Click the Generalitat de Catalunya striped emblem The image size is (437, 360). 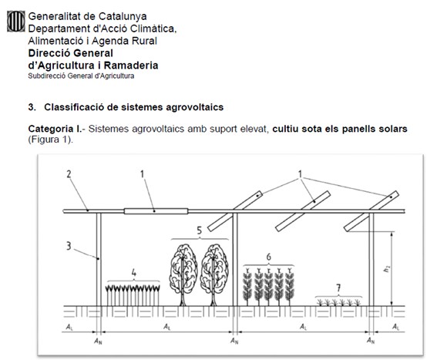click(16, 21)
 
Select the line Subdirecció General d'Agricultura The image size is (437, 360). click(81, 76)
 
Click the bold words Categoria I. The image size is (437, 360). click(55, 129)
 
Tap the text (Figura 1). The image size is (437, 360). click(50, 140)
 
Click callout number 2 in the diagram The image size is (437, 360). click(69, 174)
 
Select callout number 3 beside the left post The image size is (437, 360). click(69, 246)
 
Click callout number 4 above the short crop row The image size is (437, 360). click(134, 272)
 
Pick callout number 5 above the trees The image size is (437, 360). click(200, 230)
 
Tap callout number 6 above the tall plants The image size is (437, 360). click(268, 257)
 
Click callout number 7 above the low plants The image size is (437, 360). click(338, 288)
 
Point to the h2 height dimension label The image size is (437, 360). click(387, 268)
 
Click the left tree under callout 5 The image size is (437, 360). click(183, 275)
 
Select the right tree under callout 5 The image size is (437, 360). click(214, 275)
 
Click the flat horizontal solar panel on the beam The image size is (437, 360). click(156, 211)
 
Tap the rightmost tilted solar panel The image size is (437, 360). click(371, 211)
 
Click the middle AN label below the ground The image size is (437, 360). click(234, 341)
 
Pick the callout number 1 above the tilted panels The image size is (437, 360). click(300, 174)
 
